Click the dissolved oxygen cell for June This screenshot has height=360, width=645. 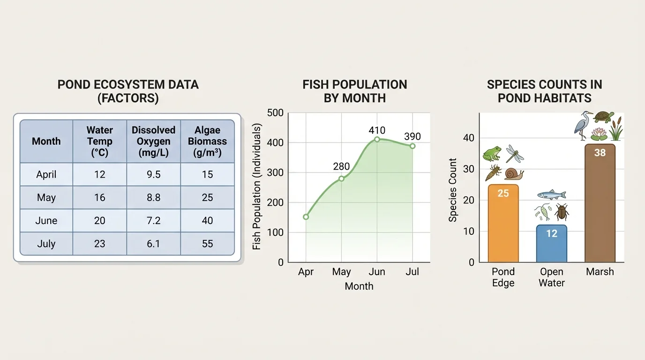(x=153, y=220)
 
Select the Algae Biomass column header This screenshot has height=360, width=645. (x=207, y=141)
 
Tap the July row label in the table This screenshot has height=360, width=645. (x=46, y=244)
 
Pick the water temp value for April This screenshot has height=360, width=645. (x=100, y=174)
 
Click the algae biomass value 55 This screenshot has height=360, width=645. (x=207, y=244)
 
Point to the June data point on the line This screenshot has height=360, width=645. (x=377, y=139)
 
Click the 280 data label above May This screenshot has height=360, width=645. (x=341, y=166)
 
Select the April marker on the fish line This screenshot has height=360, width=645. (x=306, y=217)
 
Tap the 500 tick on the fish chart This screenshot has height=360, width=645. (x=275, y=113)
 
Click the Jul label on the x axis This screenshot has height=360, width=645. (x=412, y=272)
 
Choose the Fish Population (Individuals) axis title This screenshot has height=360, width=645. (x=257, y=186)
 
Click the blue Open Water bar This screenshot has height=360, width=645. (x=552, y=244)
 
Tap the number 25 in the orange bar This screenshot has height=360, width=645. (x=503, y=193)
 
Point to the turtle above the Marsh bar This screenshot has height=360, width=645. (x=603, y=117)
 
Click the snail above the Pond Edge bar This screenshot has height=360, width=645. (x=514, y=174)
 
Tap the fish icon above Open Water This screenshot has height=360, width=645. (x=551, y=195)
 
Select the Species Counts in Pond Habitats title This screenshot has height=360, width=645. (x=544, y=91)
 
